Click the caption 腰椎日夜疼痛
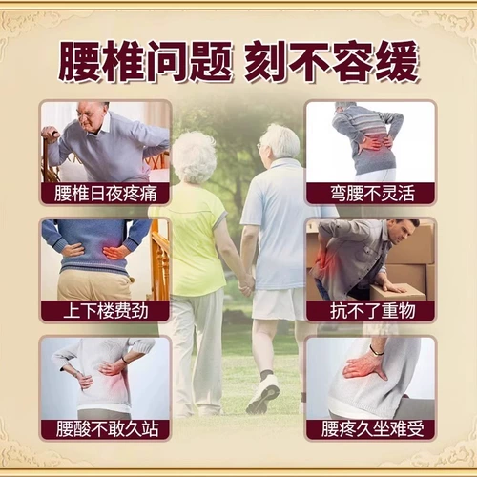(105, 193)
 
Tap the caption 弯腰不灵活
(369, 193)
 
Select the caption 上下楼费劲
(105, 311)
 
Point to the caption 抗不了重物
(369, 311)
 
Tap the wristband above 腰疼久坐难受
(378, 350)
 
